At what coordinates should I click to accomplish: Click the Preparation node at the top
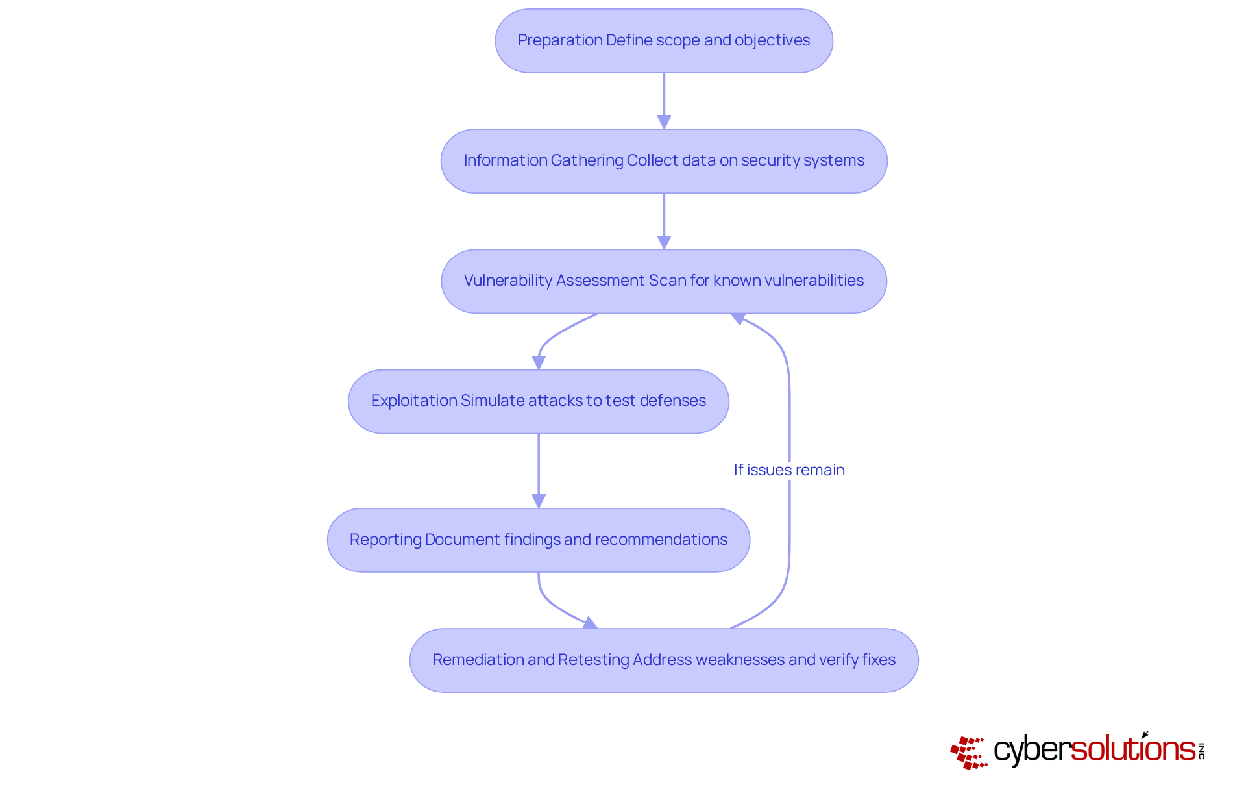pyautogui.click(x=664, y=41)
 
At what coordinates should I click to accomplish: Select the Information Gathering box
pyautogui.click(x=664, y=161)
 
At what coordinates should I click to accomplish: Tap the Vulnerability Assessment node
pyautogui.click(x=664, y=281)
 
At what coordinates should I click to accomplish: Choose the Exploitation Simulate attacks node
pyautogui.click(x=539, y=401)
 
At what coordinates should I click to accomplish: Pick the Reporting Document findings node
pyautogui.click(x=539, y=540)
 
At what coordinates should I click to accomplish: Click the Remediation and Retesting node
pyautogui.click(x=664, y=660)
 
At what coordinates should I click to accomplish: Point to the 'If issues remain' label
pyautogui.click(x=789, y=470)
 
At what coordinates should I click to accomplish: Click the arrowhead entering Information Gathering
pyautogui.click(x=664, y=122)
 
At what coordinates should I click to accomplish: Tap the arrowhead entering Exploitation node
pyautogui.click(x=539, y=362)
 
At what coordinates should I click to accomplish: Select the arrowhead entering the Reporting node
pyautogui.click(x=539, y=501)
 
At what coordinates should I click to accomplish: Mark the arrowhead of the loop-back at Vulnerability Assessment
pyautogui.click(x=739, y=318)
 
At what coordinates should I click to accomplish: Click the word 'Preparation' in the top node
pyautogui.click(x=560, y=40)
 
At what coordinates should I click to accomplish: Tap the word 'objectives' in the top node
pyautogui.click(x=772, y=40)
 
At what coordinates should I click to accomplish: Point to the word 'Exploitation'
pyautogui.click(x=414, y=401)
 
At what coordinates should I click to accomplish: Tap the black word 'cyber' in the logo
pyautogui.click(x=1032, y=750)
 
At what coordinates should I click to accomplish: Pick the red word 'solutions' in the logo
pyautogui.click(x=1133, y=748)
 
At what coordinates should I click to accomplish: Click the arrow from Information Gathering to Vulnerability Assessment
pyautogui.click(x=664, y=221)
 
